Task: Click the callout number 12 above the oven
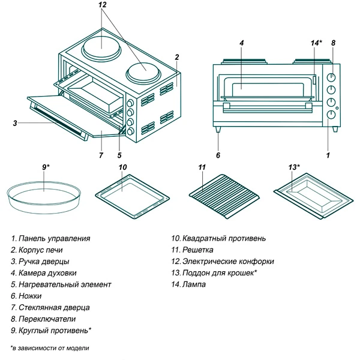(x=103, y=5)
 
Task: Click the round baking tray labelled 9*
(x=44, y=196)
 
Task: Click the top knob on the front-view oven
(x=331, y=77)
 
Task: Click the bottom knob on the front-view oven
(x=331, y=115)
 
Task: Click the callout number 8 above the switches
(x=333, y=43)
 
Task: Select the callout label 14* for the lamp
(x=316, y=43)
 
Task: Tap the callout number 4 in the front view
(x=241, y=43)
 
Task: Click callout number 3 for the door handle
(x=14, y=124)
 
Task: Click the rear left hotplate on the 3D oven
(x=100, y=44)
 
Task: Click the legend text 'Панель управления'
(x=54, y=238)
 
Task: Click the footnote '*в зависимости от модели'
(x=50, y=348)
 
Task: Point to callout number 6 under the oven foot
(x=218, y=155)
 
